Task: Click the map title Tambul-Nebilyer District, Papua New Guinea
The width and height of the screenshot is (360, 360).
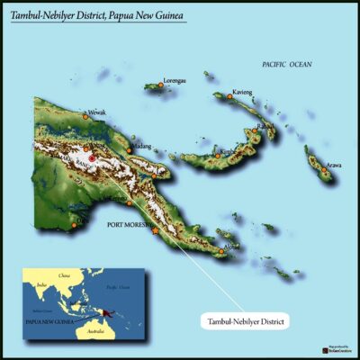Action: tap(98, 15)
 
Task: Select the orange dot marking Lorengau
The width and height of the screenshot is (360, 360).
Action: tap(162, 85)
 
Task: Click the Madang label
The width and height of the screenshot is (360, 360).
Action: tap(141, 144)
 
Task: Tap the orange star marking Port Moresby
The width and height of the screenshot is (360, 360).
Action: tap(156, 231)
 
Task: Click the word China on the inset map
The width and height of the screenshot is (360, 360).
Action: tap(62, 276)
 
